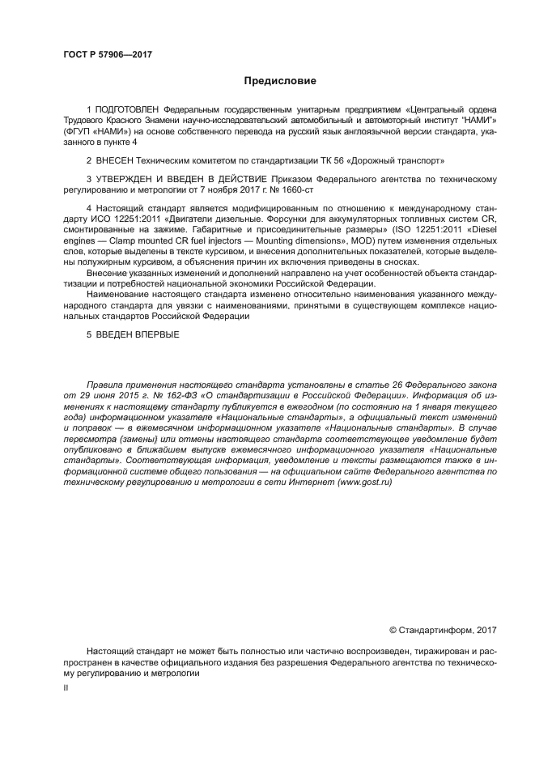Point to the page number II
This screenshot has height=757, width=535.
[x=66, y=687]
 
